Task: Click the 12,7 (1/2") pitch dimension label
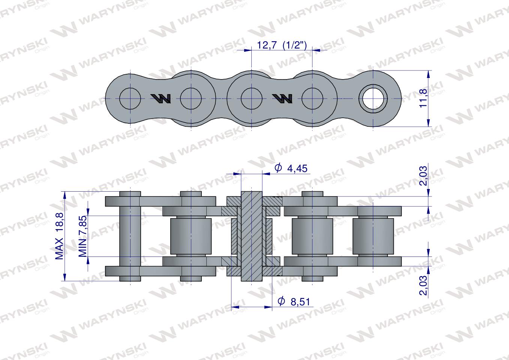(x=282, y=45)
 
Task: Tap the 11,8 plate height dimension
(x=423, y=98)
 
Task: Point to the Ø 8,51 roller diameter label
(x=294, y=301)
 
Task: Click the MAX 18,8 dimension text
(x=59, y=236)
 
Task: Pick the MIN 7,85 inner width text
(x=83, y=236)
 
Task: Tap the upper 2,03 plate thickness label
(x=423, y=176)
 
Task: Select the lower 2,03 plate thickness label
(x=423, y=285)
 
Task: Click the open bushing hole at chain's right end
(x=373, y=99)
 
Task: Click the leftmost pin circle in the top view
(x=130, y=99)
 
